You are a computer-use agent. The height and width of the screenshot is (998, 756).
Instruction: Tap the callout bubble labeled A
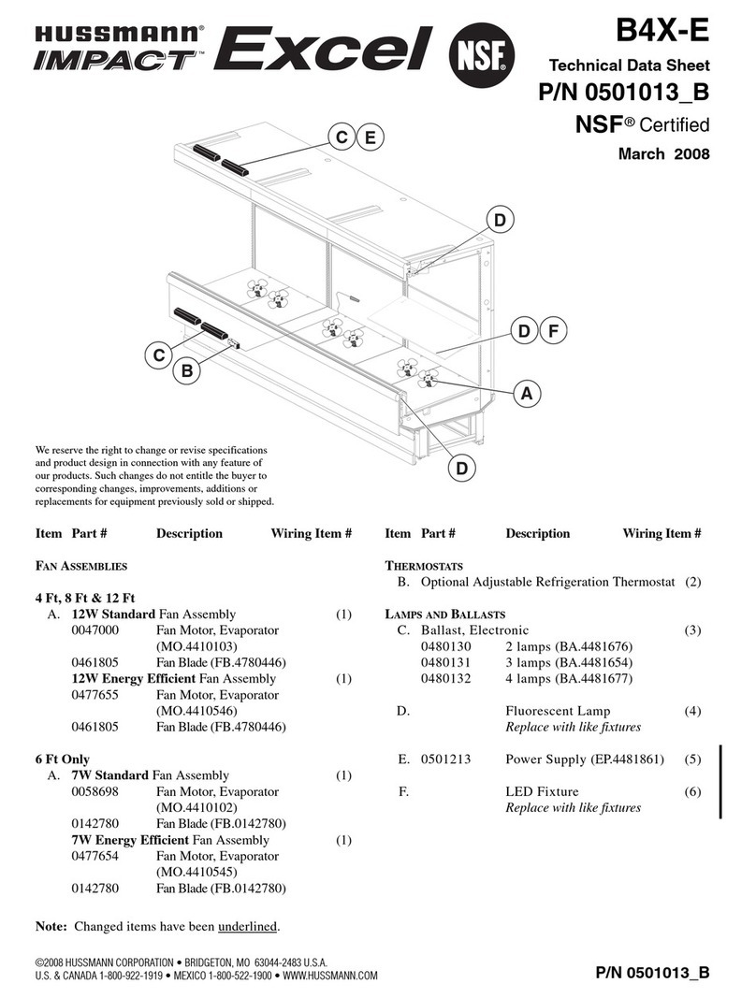tap(528, 395)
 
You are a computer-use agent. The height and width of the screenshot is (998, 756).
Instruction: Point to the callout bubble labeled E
tap(371, 138)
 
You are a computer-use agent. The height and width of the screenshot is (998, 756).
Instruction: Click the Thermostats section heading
tap(424, 566)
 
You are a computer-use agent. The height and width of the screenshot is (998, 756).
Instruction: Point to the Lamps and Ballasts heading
tap(445, 615)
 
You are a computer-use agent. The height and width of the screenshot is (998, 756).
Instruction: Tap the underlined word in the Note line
tap(248, 927)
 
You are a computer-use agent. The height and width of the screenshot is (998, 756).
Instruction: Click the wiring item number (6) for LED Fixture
tap(692, 791)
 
